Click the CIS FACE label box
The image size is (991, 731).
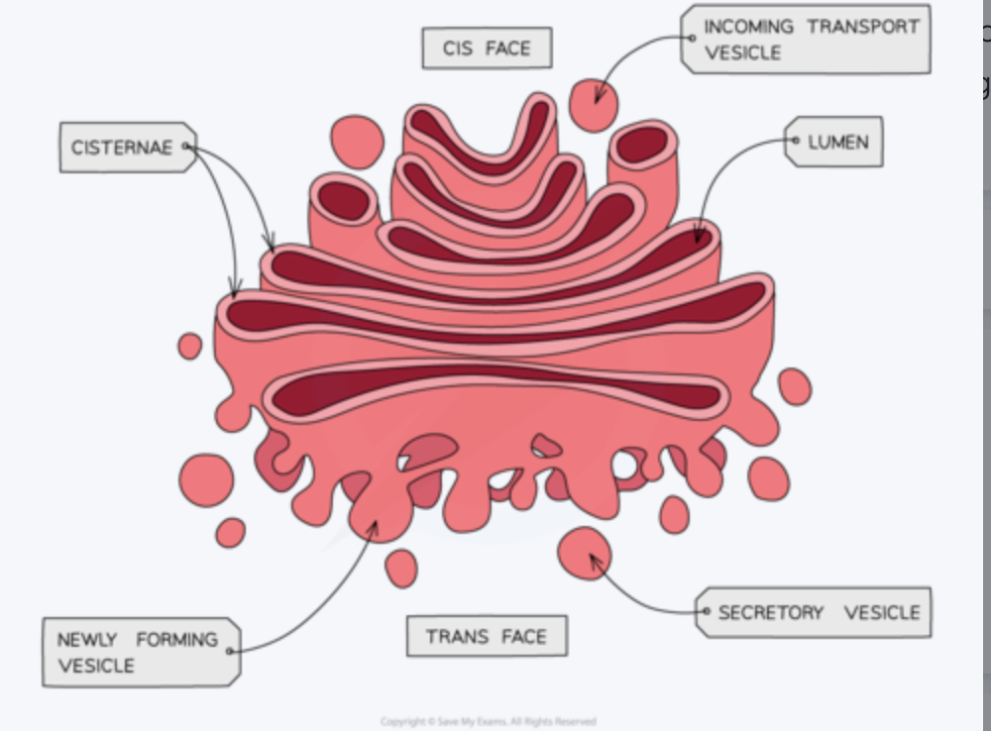coord(487,49)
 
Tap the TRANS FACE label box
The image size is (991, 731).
coord(487,636)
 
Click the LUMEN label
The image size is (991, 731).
coord(835,143)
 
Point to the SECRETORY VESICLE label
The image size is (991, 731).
coord(816,612)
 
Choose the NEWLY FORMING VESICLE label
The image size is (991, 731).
coord(140,652)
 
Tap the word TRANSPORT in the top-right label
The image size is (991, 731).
coord(863,27)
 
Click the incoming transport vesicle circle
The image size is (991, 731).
coord(594,106)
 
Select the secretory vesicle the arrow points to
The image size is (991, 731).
coord(584,553)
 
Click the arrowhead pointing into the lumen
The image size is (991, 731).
coord(698,238)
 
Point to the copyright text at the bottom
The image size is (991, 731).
coord(488,722)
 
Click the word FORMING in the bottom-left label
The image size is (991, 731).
coord(176,640)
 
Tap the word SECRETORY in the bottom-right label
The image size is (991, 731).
coord(770,612)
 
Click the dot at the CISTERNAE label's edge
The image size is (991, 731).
coord(185,148)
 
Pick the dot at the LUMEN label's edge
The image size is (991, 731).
coord(794,142)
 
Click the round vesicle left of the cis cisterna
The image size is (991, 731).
coord(357,142)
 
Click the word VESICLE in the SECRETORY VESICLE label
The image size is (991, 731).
coord(881,612)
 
